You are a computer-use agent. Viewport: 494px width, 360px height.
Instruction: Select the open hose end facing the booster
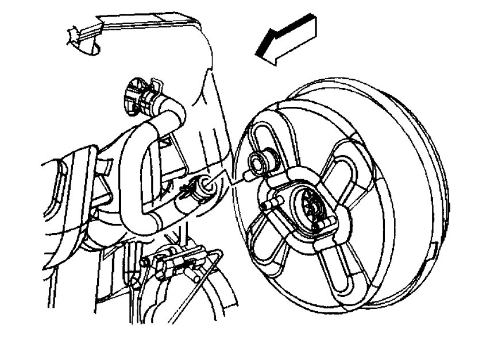tap(204, 185)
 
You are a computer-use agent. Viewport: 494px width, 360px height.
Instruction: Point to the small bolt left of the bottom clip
tap(145, 262)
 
